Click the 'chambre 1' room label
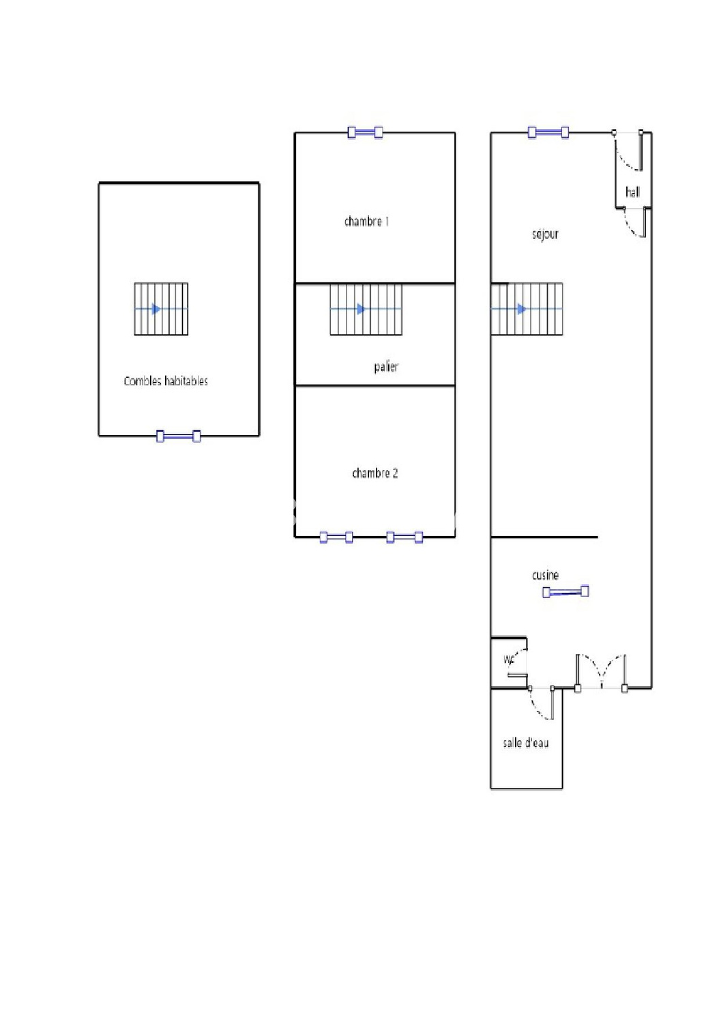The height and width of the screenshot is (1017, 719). (366, 221)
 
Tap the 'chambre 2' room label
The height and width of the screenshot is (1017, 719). (375, 473)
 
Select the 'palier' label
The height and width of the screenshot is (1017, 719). (385, 367)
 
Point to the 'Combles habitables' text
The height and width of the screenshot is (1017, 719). (166, 381)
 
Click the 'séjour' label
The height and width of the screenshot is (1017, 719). (545, 234)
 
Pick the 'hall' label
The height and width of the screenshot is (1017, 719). (632, 192)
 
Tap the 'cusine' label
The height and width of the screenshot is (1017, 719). (545, 575)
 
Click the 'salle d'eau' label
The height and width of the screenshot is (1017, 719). (525, 743)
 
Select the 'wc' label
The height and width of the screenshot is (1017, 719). (508, 659)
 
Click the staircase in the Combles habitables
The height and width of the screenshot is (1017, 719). (161, 309)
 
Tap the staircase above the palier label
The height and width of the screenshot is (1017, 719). (366, 309)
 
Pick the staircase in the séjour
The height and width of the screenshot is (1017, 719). (527, 309)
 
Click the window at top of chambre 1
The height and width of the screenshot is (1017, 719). (365, 132)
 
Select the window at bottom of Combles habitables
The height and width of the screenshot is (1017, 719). (179, 436)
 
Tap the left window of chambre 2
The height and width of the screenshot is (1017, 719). (336, 537)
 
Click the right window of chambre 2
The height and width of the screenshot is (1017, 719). (405, 537)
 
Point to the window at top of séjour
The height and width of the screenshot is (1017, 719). (548, 132)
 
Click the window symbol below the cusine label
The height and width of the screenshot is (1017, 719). (566, 592)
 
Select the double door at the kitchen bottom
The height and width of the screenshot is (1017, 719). (601, 672)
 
